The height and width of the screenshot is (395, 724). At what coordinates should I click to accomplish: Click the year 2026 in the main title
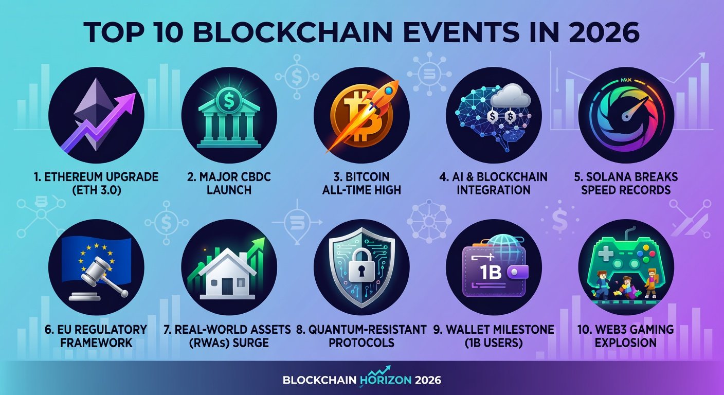[x=604, y=32]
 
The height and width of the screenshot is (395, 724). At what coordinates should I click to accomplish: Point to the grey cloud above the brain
[x=512, y=96]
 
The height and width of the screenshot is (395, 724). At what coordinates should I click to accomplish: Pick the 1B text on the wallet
[x=491, y=272]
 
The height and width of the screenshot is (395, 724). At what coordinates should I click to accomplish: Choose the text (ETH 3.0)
[x=96, y=190]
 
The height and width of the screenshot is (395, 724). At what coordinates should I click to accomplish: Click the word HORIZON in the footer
[x=385, y=379]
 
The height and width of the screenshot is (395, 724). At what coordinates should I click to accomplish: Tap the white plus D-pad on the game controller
[x=606, y=254]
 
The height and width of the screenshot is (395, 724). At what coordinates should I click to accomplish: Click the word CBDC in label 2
[x=255, y=177]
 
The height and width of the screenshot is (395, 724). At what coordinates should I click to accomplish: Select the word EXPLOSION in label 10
[x=626, y=343]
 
